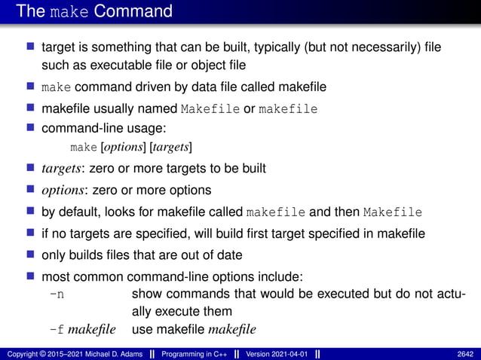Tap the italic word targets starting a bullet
63,168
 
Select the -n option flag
57,294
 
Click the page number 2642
466,353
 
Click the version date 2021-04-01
288,353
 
